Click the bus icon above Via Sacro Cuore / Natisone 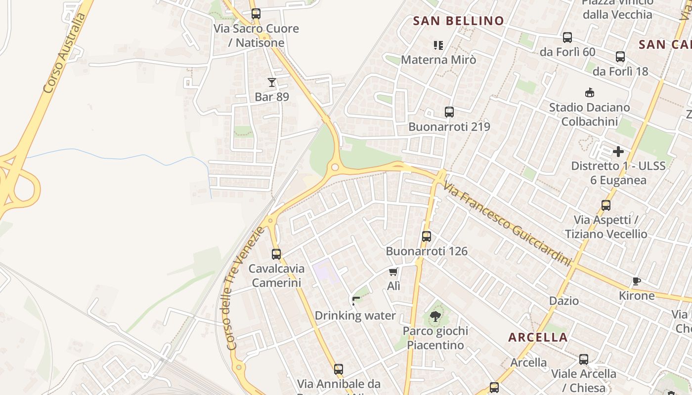coord(256,14)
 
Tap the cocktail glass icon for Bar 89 coord(272,82)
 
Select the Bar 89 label coord(272,97)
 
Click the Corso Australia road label coord(64,53)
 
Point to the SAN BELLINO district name coord(458,21)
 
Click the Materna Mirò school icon coord(438,45)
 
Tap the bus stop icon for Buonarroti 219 coord(449,112)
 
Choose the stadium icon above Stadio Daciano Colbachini coord(589,92)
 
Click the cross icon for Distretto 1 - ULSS coord(618,152)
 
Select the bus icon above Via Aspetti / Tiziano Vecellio coord(605,205)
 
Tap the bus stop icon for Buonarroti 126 coord(427,237)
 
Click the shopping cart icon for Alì coord(393,272)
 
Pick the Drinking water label coord(355,316)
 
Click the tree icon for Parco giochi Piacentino coord(435,316)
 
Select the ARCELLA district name coord(538,338)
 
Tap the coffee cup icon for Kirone coord(637,281)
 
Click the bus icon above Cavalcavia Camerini coord(276,254)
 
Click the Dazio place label coord(564,301)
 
